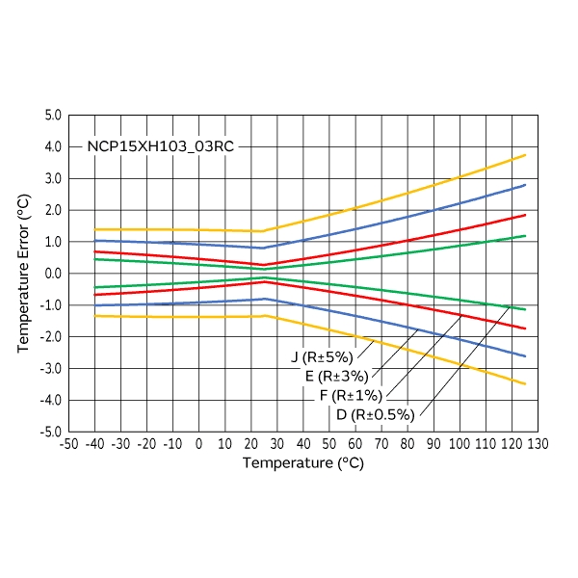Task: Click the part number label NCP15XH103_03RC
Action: [160, 147]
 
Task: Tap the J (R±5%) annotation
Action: [322, 357]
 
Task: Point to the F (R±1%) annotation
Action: [350, 396]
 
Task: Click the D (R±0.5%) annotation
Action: [375, 415]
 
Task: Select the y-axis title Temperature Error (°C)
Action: [24, 273]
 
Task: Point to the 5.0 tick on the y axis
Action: [52, 116]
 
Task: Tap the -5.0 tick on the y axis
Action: [50, 432]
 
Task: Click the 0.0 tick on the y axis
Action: [52, 274]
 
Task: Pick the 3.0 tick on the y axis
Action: [52, 179]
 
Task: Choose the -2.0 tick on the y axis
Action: [50, 337]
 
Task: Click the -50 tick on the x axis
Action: [68, 444]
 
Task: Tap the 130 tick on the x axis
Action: [538, 444]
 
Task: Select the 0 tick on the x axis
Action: [199, 444]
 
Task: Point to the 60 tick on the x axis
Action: [355, 444]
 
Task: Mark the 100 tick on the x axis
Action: [460, 444]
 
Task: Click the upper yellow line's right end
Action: [525, 155]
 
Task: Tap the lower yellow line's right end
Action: [525, 383]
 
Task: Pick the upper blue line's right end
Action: [525, 185]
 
